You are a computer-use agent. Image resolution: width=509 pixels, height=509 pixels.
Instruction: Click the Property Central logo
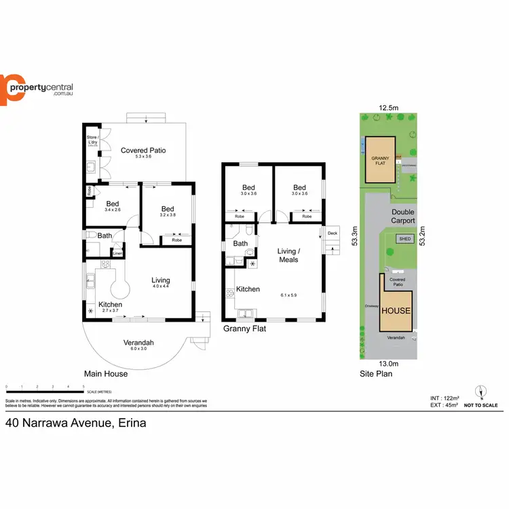tap(37, 89)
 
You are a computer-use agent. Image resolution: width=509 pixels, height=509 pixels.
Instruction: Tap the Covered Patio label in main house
tap(143, 151)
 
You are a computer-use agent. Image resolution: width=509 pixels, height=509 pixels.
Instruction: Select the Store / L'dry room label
tap(92, 140)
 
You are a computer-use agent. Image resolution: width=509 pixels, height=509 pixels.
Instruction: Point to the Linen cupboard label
tap(117, 254)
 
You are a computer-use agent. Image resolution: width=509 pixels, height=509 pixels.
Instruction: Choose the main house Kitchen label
tap(110, 305)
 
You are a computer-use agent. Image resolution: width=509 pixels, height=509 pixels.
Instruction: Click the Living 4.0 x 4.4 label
tap(161, 280)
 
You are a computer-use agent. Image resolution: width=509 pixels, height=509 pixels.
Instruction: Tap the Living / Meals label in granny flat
tap(288, 254)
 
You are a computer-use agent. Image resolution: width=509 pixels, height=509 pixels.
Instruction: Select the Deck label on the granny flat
tap(332, 233)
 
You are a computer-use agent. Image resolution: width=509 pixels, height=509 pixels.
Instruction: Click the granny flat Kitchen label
tap(248, 289)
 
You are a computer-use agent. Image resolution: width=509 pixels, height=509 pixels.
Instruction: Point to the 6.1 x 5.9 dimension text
tap(288, 295)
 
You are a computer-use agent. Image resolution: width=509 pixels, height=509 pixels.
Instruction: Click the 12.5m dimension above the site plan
tap(388, 107)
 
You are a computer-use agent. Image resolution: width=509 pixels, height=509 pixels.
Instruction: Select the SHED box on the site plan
tap(404, 239)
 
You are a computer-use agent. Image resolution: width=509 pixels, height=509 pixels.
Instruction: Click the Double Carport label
tap(402, 216)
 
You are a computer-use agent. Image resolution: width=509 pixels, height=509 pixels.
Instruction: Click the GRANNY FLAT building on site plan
tap(379, 160)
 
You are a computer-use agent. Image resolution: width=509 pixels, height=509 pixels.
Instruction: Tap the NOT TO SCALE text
tap(481, 405)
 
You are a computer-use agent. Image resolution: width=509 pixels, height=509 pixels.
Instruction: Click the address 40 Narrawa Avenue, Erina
tap(75, 422)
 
